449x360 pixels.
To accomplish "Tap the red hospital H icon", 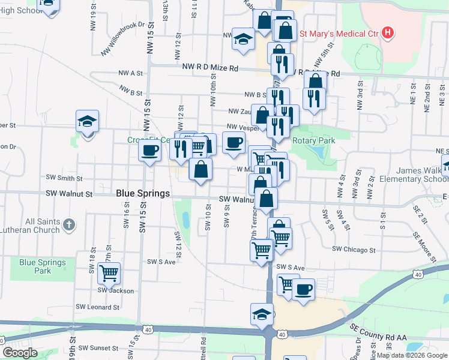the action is [x=388, y=32].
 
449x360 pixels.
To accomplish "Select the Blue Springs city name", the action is [x=143, y=193].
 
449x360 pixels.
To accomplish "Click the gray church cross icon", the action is [x=69, y=226].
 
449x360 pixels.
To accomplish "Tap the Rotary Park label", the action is [x=313, y=140].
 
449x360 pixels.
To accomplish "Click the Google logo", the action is [x=20, y=353].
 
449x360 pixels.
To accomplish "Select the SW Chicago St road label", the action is [x=354, y=249].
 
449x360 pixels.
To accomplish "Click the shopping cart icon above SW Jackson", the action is [x=109, y=273].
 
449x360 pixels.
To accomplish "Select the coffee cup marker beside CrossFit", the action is [x=149, y=149].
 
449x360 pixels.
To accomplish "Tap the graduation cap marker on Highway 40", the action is [x=262, y=314].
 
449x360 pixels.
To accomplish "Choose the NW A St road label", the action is [x=130, y=73].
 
